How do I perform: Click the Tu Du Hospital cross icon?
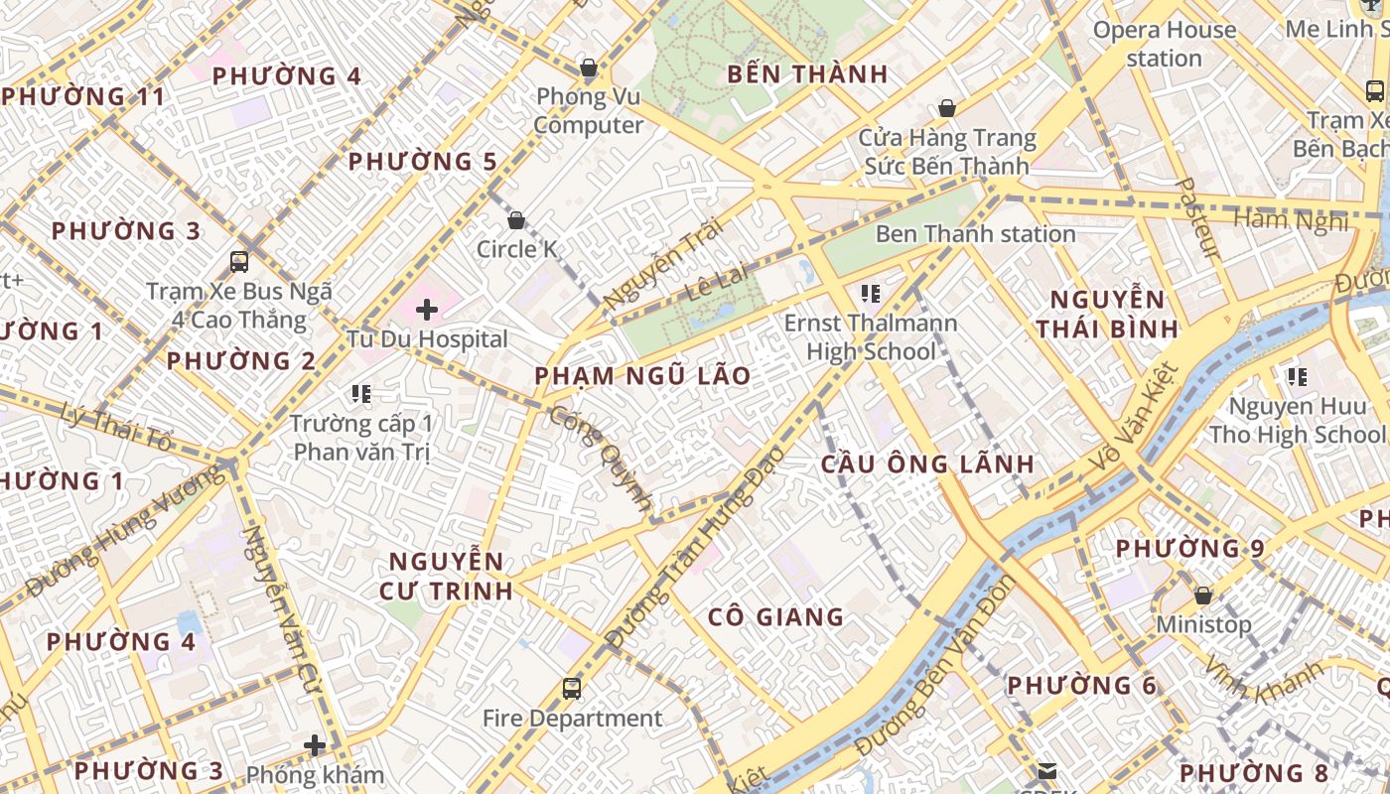pyautogui.click(x=427, y=310)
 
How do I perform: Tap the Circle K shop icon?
pyautogui.click(x=515, y=219)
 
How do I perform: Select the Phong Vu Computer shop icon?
pyautogui.click(x=589, y=67)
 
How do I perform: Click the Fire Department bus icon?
pyautogui.click(x=571, y=688)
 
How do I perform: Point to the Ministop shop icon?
pyautogui.click(x=1203, y=595)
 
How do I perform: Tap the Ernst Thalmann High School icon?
pyautogui.click(x=871, y=294)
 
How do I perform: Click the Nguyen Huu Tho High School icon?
pyautogui.click(x=1297, y=377)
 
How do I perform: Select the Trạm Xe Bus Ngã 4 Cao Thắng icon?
pyautogui.click(x=239, y=262)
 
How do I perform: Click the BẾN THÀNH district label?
pyautogui.click(x=807, y=74)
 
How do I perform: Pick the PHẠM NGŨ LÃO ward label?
pyautogui.click(x=642, y=376)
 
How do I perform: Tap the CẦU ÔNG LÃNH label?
pyautogui.click(x=927, y=463)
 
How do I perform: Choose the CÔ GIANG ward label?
pyautogui.click(x=775, y=616)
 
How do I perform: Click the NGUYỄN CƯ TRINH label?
pyautogui.click(x=446, y=576)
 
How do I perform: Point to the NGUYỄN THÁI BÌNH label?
pyautogui.click(x=1107, y=314)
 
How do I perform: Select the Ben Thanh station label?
pyautogui.click(x=975, y=234)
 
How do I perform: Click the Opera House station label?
pyautogui.click(x=1165, y=44)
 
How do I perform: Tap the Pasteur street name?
pyautogui.click(x=1196, y=218)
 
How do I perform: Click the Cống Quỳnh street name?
pyautogui.click(x=603, y=455)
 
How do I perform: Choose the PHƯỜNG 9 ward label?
pyautogui.click(x=1178, y=548)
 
